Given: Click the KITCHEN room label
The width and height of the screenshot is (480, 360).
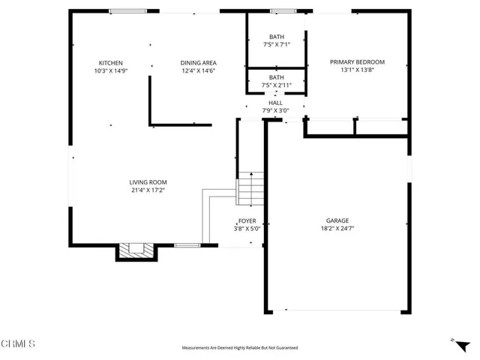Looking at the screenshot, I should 111,63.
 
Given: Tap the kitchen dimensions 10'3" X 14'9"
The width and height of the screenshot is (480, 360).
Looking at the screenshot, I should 111,71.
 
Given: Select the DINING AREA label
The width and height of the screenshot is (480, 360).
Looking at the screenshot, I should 199,63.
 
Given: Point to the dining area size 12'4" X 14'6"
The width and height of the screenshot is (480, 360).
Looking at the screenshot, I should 199,71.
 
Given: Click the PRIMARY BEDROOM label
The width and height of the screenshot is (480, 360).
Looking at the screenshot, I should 358,62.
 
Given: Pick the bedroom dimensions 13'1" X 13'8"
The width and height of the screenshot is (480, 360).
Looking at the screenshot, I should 358,70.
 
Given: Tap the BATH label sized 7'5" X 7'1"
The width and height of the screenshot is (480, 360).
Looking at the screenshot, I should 277,37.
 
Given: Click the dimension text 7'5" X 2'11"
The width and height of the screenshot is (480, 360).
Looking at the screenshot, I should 277,85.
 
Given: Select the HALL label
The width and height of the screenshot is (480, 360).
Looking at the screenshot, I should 276,103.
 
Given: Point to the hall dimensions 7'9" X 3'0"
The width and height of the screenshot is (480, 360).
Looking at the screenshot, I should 276,111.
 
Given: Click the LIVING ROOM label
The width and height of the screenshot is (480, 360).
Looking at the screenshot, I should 148,182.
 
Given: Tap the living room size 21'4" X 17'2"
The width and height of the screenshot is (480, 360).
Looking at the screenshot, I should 148,190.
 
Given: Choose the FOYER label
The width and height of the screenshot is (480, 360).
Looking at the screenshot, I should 247,221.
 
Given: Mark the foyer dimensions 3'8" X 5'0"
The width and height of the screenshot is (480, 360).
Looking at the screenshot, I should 247,229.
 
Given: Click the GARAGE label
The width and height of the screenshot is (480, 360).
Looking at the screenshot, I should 337,221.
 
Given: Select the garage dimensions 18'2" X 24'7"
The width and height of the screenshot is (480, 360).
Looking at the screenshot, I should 337,229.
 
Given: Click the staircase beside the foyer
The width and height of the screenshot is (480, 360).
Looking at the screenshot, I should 251,188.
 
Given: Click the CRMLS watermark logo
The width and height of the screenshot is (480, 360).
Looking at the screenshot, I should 18,344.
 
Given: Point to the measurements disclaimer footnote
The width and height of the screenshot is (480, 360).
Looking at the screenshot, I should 240,348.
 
